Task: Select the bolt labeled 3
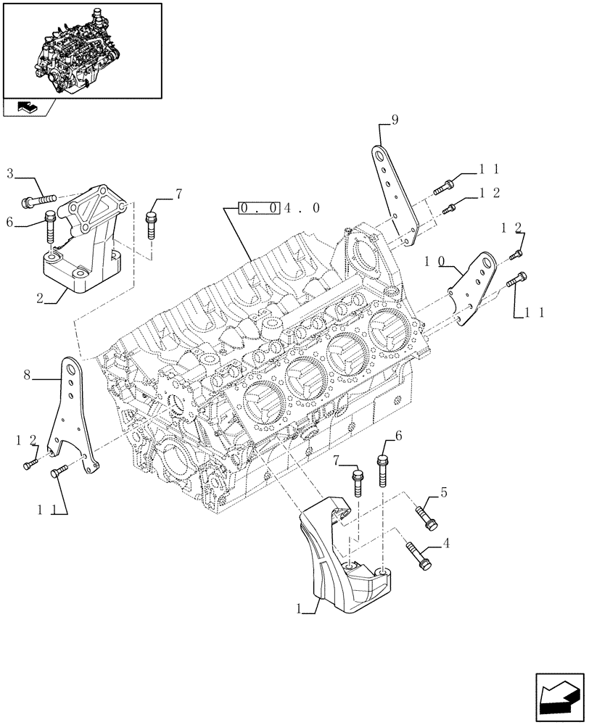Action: click(x=41, y=199)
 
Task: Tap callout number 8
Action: click(x=27, y=375)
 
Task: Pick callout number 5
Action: click(x=443, y=494)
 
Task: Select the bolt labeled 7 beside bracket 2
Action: click(x=151, y=224)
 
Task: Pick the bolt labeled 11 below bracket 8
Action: click(x=58, y=473)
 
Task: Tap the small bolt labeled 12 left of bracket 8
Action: click(x=30, y=463)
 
